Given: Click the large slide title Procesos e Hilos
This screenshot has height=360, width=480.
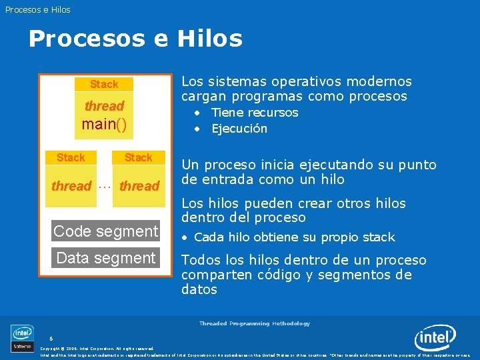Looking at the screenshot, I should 135,39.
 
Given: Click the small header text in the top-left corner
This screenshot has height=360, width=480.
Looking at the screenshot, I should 37,9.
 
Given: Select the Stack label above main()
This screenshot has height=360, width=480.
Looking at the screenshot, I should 104,84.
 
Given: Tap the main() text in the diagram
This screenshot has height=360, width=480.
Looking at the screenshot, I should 104,124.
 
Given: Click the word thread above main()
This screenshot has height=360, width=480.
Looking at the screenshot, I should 104,106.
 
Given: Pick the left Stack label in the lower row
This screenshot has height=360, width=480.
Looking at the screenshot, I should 71,157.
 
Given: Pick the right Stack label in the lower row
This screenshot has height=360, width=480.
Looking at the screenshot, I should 139,157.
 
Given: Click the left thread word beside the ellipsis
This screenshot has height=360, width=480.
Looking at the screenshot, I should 71,186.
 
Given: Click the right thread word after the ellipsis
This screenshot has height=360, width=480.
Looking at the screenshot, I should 139,186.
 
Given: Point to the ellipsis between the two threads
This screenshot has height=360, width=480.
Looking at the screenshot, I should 105,187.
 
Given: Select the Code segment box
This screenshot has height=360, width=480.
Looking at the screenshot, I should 106,231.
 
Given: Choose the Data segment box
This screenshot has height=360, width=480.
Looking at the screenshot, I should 106,258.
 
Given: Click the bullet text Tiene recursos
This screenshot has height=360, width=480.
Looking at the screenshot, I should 255,113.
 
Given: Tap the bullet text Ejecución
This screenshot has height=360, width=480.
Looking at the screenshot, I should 239,129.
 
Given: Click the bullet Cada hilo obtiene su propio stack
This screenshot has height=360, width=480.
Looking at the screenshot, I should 294,237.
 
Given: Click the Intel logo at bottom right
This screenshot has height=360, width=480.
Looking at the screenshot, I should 435,338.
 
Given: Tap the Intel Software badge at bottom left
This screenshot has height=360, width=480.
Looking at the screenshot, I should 22,337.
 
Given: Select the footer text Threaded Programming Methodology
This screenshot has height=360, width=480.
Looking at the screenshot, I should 254,323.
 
